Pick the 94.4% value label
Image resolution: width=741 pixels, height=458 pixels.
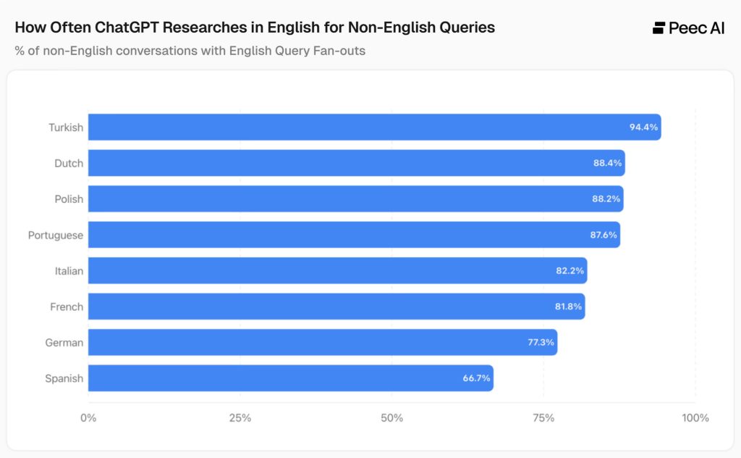pos(643,127)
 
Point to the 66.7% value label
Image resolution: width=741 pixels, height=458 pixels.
pos(477,378)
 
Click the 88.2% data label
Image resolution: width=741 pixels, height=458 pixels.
pos(606,199)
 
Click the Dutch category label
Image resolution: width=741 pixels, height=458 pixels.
pos(69,163)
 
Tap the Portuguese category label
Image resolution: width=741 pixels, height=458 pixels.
pos(56,235)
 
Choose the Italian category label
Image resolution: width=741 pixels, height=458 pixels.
pos(69,271)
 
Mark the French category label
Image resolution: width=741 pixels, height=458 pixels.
pos(67,307)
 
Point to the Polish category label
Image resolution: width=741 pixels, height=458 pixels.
pos(69,199)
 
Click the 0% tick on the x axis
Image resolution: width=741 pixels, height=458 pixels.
pos(88,418)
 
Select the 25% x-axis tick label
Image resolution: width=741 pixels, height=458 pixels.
pos(240,418)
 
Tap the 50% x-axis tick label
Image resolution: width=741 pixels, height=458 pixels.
pos(391,418)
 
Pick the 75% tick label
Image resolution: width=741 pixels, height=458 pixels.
pos(543,418)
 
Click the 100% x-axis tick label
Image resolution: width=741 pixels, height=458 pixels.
pos(695,418)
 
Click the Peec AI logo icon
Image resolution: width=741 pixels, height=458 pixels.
pos(659,28)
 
